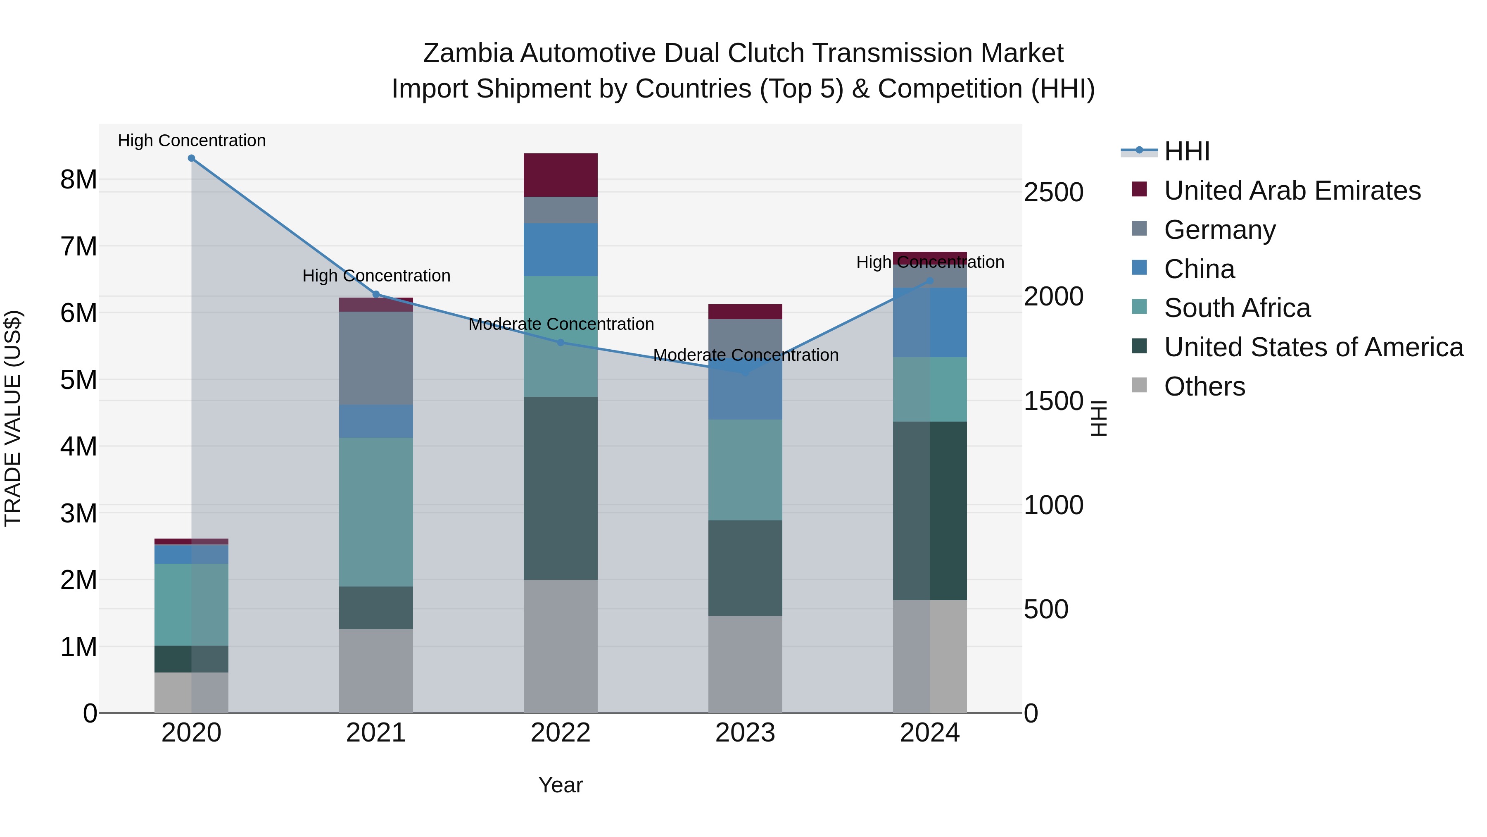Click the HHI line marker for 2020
[192, 158]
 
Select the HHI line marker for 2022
[561, 343]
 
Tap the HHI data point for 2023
[745, 372]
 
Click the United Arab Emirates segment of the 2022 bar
[561, 175]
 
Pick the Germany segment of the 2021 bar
[376, 358]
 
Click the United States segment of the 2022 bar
[561, 488]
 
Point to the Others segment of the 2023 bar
[745, 664]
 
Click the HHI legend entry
[1186, 151]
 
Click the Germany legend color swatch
[1140, 228]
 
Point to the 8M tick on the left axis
[78, 180]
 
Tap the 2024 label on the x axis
[929, 733]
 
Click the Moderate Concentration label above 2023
[745, 355]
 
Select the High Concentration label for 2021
[376, 276]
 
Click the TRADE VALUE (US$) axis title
[13, 418]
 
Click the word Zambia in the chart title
[468, 53]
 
